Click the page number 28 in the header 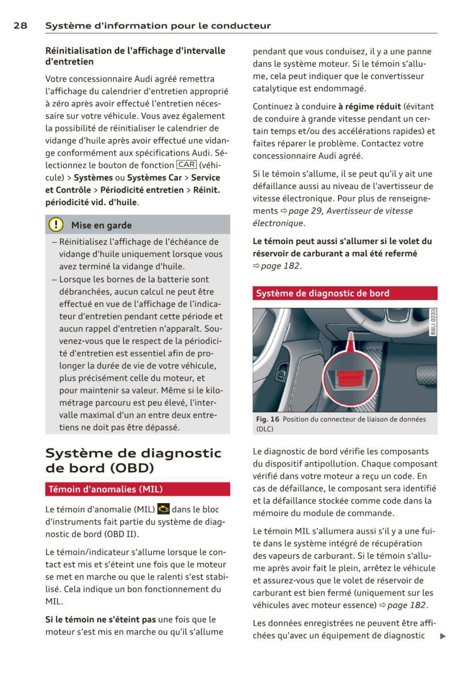click(x=20, y=25)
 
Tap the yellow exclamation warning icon click(x=56, y=225)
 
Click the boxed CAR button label click(x=186, y=165)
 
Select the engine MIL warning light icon click(x=163, y=509)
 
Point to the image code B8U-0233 click(x=433, y=322)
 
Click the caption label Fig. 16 click(x=268, y=419)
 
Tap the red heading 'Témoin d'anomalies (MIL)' click(x=105, y=489)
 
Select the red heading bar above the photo click(x=345, y=293)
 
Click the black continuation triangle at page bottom click(x=443, y=636)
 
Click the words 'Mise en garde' click(x=101, y=225)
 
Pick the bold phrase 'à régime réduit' click(x=369, y=106)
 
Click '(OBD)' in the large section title click(x=132, y=468)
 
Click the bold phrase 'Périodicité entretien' click(x=142, y=190)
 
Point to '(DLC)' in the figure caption click(x=265, y=429)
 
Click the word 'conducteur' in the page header click(x=241, y=25)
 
